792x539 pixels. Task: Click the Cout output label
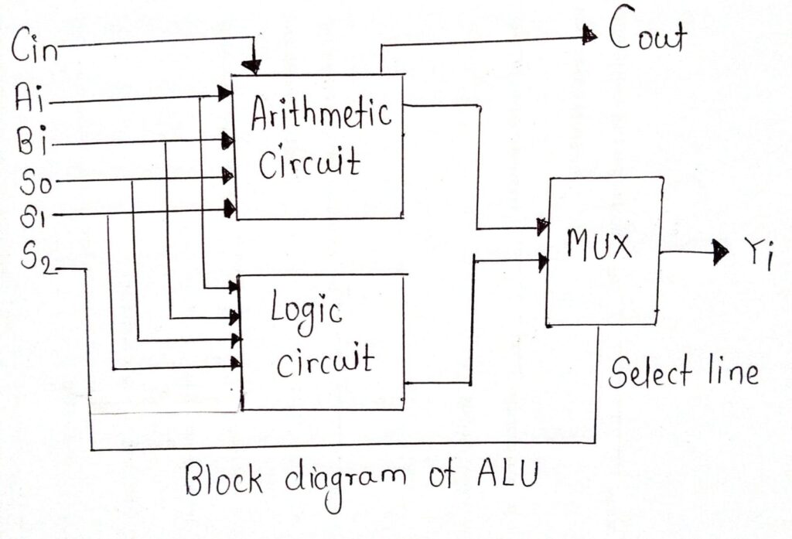tap(647, 34)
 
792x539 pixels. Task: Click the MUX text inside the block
tap(599, 247)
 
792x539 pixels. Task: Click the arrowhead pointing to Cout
tap(589, 33)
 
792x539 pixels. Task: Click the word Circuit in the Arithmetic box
tap(309, 164)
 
